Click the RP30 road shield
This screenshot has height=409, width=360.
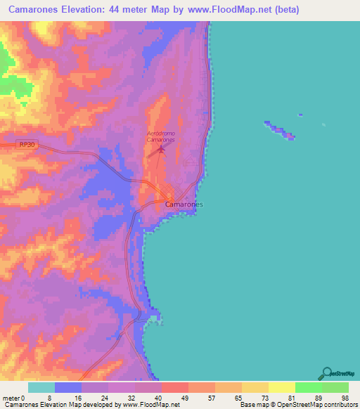27,144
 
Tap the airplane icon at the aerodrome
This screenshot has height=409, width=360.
161,148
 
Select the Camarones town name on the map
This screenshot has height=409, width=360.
184,204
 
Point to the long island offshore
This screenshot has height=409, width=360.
280,131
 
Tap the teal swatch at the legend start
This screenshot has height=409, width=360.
41,387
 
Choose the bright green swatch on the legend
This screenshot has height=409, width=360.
308,387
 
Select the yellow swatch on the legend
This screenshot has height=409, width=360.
281,387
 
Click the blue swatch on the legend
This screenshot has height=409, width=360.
68,387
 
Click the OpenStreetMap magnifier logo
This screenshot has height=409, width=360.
326,373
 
